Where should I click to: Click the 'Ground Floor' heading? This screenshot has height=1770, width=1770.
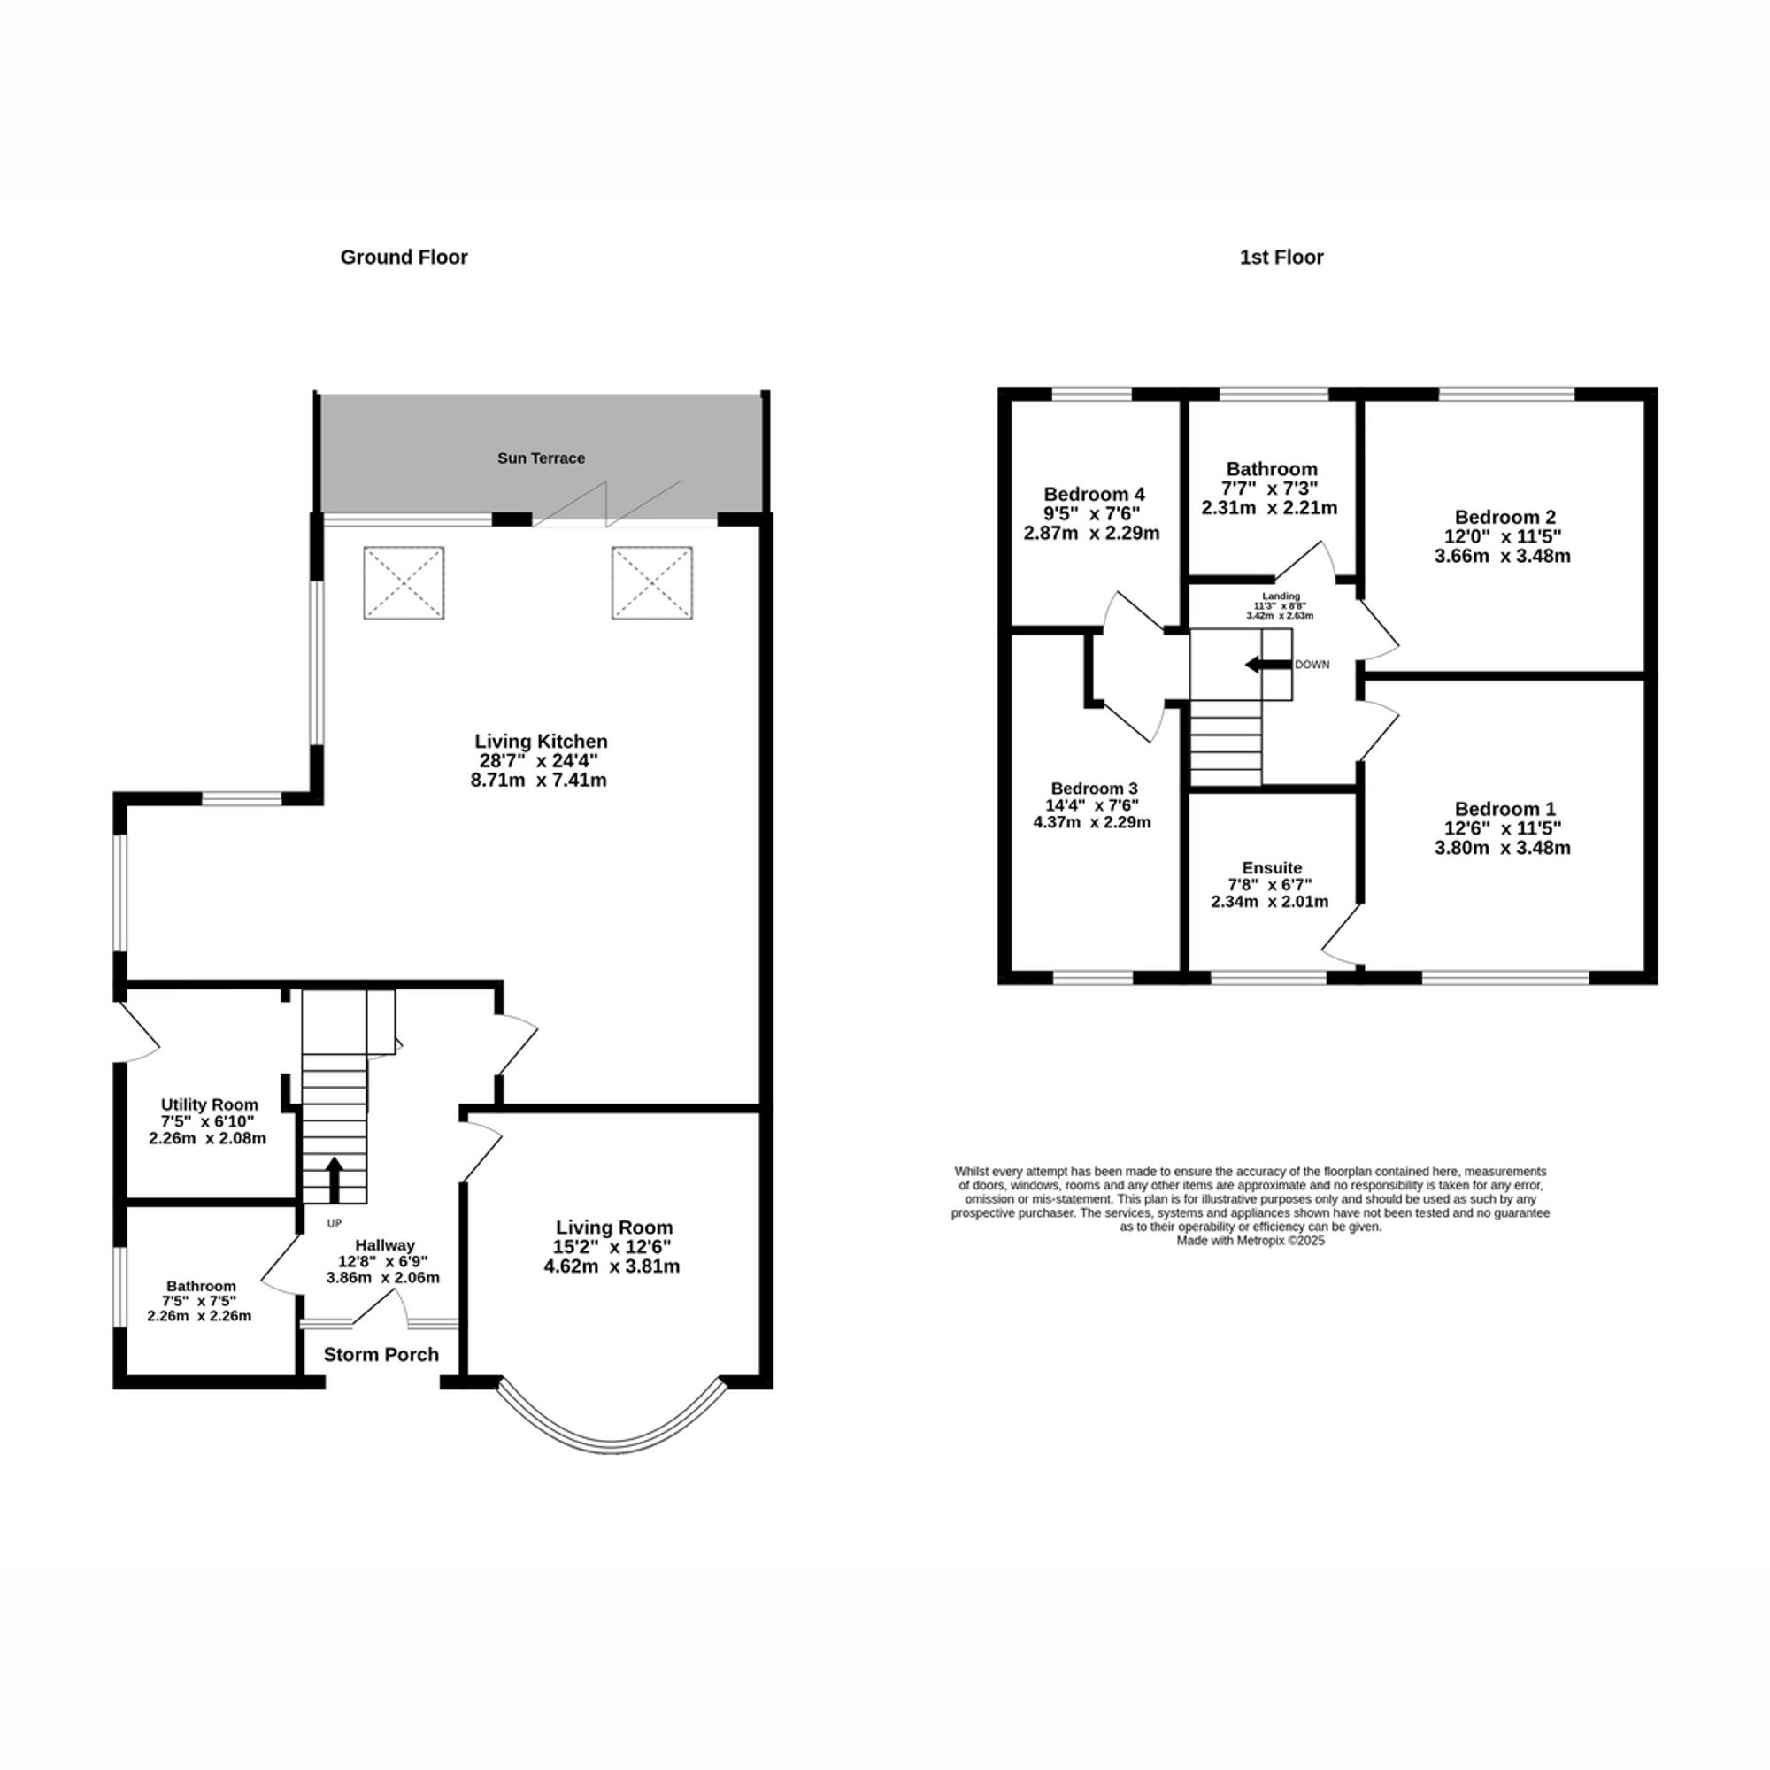click(404, 258)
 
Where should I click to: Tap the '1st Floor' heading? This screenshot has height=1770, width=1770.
click(1281, 258)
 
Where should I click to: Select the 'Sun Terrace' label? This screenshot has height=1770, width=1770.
click(541, 458)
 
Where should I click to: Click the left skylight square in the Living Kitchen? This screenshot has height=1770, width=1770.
click(404, 582)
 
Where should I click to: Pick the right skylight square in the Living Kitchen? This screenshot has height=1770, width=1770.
click(651, 582)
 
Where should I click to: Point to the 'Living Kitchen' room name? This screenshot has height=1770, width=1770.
click(541, 741)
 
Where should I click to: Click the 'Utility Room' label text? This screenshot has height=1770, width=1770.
click(210, 1104)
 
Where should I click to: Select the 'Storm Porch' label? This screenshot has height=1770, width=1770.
click(381, 1354)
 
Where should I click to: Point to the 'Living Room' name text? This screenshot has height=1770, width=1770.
click(614, 1227)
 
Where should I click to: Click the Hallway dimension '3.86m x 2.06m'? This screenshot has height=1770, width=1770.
click(383, 1277)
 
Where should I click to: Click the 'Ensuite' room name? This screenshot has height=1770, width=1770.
click(1272, 867)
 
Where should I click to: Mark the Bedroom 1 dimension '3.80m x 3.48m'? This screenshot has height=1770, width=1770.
click(1503, 849)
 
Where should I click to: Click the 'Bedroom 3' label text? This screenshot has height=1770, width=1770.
click(1094, 788)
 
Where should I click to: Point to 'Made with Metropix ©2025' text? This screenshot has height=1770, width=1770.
click(1250, 1241)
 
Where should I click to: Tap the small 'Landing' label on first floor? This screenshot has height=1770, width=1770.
click(1281, 596)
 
